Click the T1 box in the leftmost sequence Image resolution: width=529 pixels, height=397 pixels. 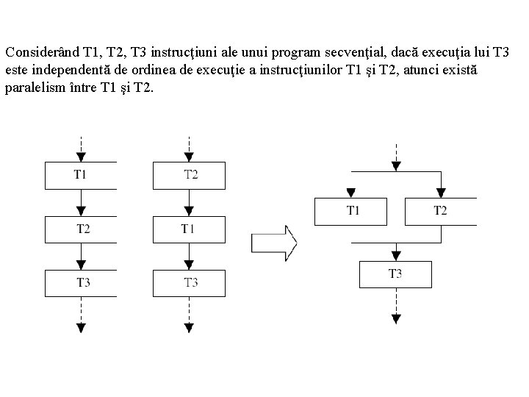(82, 175)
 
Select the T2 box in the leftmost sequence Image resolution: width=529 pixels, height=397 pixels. (82, 229)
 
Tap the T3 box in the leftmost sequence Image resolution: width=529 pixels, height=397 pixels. (82, 282)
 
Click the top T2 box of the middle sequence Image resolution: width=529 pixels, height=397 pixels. (189, 175)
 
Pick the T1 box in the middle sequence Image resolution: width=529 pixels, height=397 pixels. (189, 229)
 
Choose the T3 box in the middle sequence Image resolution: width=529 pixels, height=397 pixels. (189, 282)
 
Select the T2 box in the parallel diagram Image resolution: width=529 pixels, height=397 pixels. (439, 210)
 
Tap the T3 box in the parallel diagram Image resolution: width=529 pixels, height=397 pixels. (395, 273)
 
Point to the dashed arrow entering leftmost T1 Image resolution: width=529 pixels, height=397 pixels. (82, 147)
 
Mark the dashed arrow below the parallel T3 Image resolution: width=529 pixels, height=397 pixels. (395, 305)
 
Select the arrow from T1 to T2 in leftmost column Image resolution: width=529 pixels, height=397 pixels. (82, 202)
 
